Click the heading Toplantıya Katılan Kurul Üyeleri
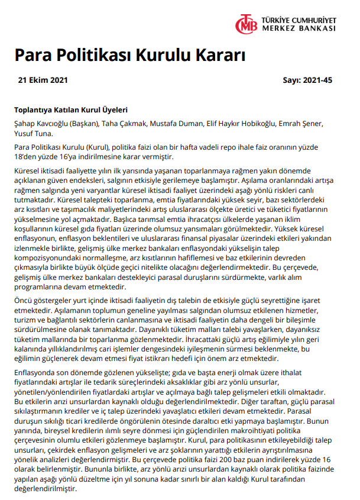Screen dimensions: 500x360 (x=71, y=110)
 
